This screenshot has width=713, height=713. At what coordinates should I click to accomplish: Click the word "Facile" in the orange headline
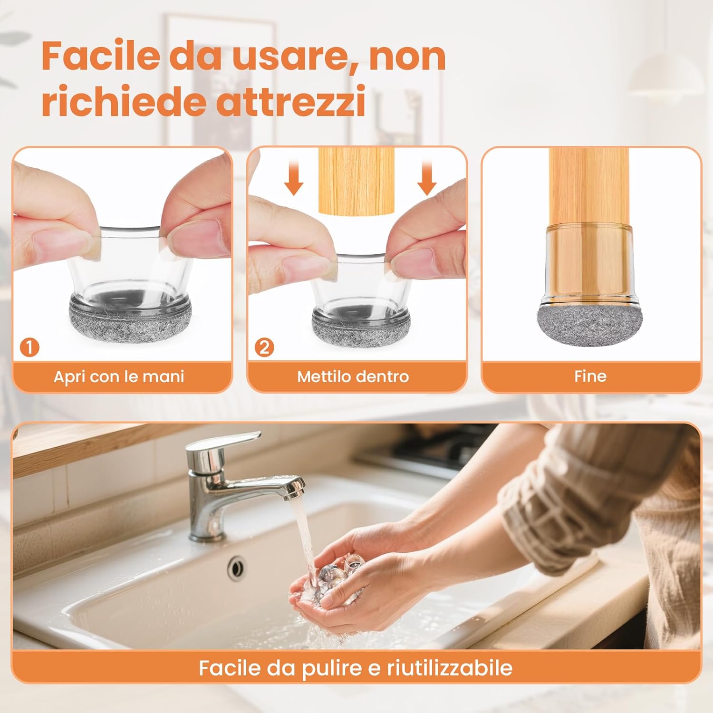[100, 56]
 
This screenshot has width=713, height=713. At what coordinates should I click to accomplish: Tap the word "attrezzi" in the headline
[291, 101]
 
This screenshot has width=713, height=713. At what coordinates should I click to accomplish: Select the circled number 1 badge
[29, 347]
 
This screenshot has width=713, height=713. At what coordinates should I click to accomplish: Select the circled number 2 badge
[264, 347]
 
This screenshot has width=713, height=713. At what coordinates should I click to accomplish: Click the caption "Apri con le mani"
[119, 376]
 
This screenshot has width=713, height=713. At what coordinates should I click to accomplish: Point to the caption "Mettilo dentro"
[353, 376]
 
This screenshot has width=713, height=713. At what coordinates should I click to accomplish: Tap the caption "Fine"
[590, 376]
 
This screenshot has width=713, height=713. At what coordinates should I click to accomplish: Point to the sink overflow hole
[236, 567]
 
